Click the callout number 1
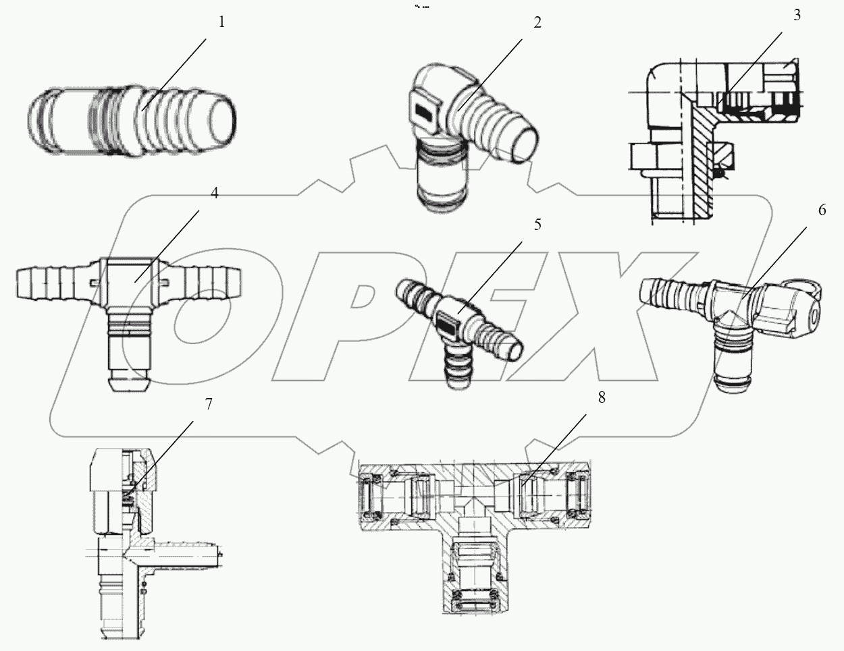point(221,22)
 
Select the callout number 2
point(537,22)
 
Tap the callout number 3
point(797,16)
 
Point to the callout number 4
point(214,194)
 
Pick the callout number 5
point(537,224)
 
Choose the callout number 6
point(822,210)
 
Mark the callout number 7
point(209,404)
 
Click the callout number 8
point(601,397)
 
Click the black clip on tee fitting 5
point(449,320)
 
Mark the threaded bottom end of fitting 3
point(675,202)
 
